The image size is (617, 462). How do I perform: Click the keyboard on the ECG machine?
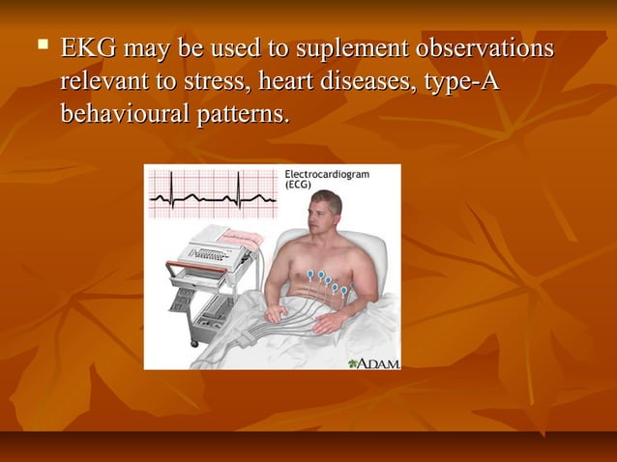[x=212, y=255]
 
